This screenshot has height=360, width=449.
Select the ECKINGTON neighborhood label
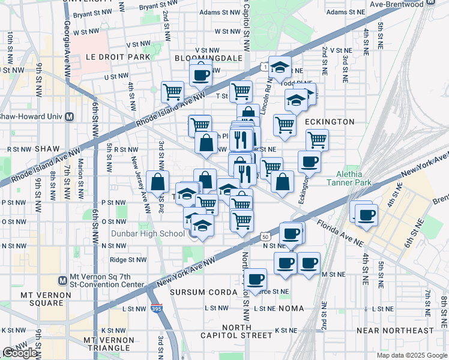[330, 122]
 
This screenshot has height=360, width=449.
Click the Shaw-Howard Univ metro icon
[70, 116]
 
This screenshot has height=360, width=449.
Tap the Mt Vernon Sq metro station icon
[62, 280]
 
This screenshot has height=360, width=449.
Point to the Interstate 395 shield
[155, 308]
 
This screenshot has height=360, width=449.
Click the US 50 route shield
[266, 238]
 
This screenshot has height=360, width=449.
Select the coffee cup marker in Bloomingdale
[200, 75]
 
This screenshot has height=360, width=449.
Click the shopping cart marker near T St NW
[241, 91]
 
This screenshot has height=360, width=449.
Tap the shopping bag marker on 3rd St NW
[157, 182]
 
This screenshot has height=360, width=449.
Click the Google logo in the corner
[20, 353]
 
